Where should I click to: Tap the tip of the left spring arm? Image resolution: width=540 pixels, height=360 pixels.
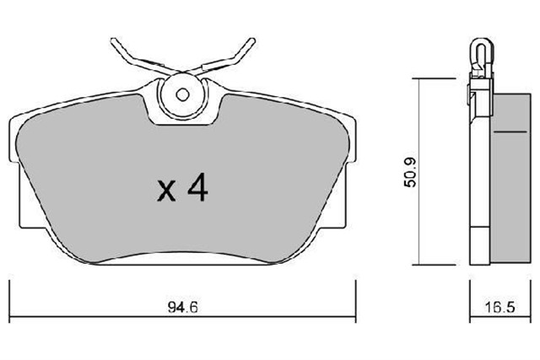click(x=111, y=40)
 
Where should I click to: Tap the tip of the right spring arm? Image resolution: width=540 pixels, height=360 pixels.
click(x=254, y=40)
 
